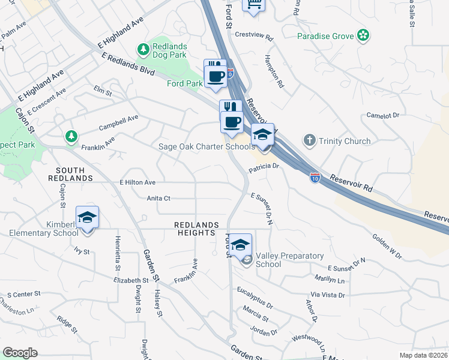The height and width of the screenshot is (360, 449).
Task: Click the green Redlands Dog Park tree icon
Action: (x=143, y=49)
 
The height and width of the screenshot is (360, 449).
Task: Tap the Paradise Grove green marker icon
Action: (x=363, y=36)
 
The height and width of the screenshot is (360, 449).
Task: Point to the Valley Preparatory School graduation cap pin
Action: (x=241, y=245)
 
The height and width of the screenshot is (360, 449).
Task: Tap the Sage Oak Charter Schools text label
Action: (x=206, y=147)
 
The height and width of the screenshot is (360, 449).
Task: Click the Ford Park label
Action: (x=184, y=83)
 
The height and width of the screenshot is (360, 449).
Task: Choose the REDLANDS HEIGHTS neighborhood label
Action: (x=196, y=229)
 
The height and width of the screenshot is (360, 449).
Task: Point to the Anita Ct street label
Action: (x=158, y=198)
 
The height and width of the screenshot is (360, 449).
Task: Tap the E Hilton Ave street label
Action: (x=137, y=182)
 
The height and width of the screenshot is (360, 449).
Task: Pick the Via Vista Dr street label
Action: (x=327, y=295)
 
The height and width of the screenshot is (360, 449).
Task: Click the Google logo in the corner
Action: (x=20, y=353)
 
